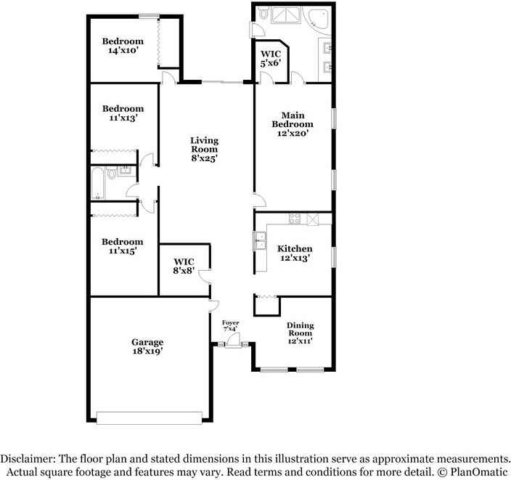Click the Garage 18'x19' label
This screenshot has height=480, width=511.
147,346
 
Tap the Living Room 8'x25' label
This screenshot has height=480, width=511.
204,149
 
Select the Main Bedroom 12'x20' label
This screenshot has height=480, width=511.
293,124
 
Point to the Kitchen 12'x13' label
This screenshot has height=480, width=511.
295,253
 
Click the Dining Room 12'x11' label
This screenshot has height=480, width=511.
300,333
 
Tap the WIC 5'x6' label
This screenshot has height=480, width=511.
271,59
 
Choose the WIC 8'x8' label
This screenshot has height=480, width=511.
183,266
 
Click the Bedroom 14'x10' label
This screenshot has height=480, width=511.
123,46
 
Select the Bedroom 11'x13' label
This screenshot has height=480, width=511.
123,113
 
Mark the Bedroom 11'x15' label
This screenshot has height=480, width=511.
123,246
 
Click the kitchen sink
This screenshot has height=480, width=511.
259,240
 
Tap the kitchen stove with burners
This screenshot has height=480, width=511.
295,218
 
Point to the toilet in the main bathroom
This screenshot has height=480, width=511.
264,15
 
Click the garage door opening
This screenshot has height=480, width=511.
150,418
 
